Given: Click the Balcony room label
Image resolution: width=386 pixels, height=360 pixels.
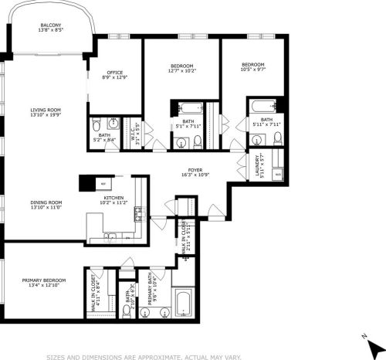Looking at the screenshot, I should point(51,25).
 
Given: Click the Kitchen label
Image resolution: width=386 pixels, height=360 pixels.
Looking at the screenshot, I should point(113,198).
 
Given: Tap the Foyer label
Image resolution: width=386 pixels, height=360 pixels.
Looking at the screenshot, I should point(195,170).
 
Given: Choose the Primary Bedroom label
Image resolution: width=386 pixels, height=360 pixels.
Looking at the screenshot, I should point(43,280).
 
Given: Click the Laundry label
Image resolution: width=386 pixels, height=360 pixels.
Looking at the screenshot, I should point(246,167).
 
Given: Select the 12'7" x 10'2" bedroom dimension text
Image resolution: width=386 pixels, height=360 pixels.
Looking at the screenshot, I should point(182,70).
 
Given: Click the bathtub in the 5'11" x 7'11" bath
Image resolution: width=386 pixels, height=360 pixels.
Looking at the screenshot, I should point(262,104).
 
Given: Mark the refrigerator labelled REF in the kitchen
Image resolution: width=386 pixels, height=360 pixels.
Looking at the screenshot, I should point(101,183).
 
